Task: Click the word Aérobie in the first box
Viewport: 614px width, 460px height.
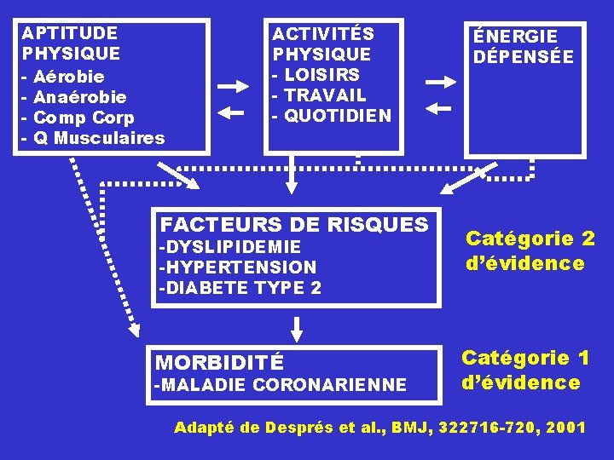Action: [x=68, y=77]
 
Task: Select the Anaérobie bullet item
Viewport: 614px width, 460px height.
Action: [x=79, y=97]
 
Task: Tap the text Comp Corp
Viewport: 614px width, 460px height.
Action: [x=83, y=118]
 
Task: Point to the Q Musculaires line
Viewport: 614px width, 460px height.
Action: [x=98, y=138]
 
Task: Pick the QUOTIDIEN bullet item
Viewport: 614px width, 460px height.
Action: [x=338, y=116]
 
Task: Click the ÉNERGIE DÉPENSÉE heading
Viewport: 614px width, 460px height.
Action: [x=524, y=47]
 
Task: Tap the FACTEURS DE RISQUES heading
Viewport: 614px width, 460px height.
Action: [x=294, y=225]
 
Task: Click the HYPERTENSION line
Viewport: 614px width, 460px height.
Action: [x=237, y=267]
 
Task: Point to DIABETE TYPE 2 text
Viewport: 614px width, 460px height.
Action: [x=240, y=288]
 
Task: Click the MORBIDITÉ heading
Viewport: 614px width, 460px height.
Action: [x=217, y=362]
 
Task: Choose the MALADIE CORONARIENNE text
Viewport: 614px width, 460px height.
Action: [x=280, y=386]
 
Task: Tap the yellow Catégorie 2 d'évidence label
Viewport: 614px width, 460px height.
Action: [x=529, y=250]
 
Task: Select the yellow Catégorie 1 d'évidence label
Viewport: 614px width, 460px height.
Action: [x=524, y=370]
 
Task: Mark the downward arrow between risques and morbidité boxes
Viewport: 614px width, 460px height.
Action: [x=297, y=327]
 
